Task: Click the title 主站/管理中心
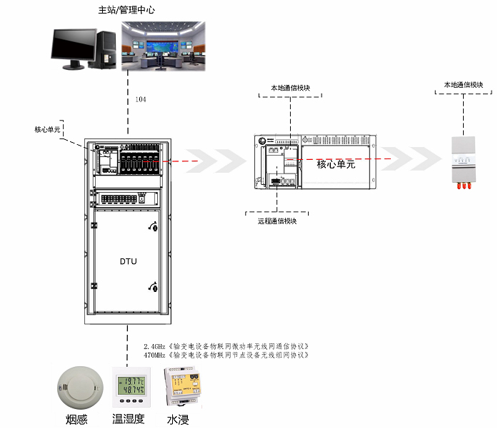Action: (126, 11)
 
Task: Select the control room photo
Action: (163, 46)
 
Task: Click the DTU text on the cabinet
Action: (128, 261)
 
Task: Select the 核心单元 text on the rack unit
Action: (336, 164)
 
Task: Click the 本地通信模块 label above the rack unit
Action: (289, 89)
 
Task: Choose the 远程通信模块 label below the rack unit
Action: (277, 221)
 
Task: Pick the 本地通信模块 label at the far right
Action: (464, 85)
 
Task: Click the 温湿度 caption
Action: (129, 419)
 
